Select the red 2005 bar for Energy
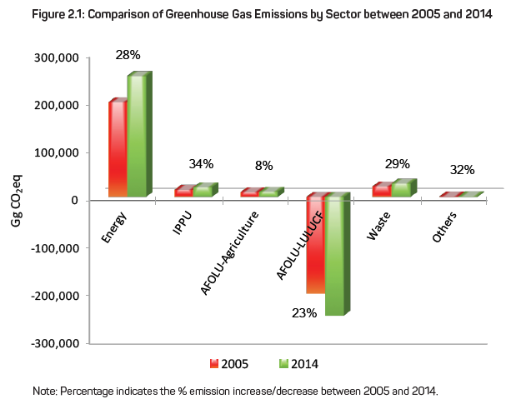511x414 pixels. [118, 148]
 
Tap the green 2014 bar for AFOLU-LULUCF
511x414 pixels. [338, 254]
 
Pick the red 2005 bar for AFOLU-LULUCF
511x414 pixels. [316, 243]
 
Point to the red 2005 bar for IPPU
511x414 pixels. [183, 192]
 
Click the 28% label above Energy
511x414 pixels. [128, 55]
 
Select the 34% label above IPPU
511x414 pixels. [201, 164]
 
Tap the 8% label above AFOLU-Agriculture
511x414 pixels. [264, 166]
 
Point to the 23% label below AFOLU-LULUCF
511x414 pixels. [304, 313]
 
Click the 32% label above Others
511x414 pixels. [462, 170]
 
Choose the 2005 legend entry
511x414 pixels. [229, 364]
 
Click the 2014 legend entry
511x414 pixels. [298, 364]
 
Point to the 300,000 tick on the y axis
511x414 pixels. [57, 58]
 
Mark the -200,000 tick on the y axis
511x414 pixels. [55, 296]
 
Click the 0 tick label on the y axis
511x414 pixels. [75, 200]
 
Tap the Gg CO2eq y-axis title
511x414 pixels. [17, 201]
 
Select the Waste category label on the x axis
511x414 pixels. [378, 226]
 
